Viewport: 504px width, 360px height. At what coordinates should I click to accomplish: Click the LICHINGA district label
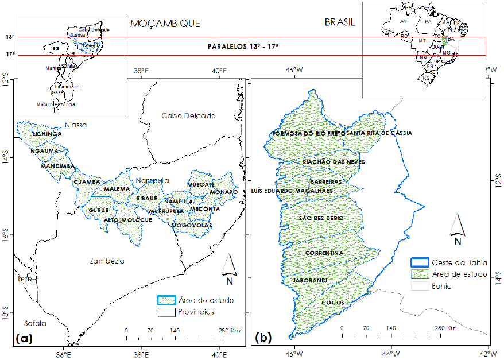(47, 134)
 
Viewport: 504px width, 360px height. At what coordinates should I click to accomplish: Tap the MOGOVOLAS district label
(192, 226)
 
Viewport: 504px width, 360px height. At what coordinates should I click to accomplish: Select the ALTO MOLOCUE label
(128, 220)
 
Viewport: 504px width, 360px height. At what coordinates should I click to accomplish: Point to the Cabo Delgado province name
(188, 115)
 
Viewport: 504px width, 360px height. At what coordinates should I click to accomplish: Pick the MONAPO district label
(223, 192)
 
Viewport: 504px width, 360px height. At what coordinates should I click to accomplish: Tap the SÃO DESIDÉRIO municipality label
(321, 219)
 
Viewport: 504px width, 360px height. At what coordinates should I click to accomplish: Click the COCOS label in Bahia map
(332, 303)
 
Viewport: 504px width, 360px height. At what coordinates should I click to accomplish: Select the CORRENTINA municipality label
(324, 253)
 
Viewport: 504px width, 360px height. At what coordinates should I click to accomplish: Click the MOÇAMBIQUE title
(165, 24)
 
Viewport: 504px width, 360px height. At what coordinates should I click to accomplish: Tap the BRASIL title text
(340, 22)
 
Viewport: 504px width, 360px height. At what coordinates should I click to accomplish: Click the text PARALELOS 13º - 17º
(243, 47)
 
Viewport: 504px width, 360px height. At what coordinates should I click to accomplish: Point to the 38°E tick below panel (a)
(142, 353)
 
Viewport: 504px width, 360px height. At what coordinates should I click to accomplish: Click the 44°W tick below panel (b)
(392, 353)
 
